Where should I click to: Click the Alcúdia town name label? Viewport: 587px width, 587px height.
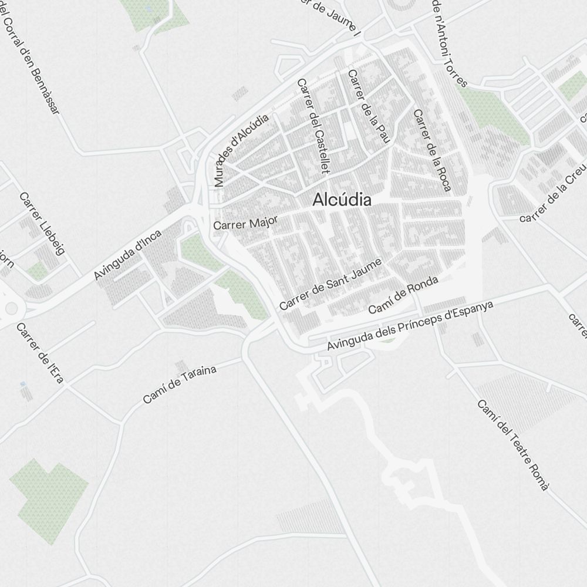coord(342,200)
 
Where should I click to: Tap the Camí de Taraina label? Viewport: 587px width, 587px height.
coord(180,384)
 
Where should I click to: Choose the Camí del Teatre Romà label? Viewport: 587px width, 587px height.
coord(513,444)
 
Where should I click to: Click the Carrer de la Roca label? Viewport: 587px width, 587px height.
coord(432,150)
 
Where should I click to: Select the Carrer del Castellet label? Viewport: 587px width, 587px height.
coord(313,126)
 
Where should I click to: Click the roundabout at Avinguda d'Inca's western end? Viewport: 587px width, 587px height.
coord(8,306)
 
